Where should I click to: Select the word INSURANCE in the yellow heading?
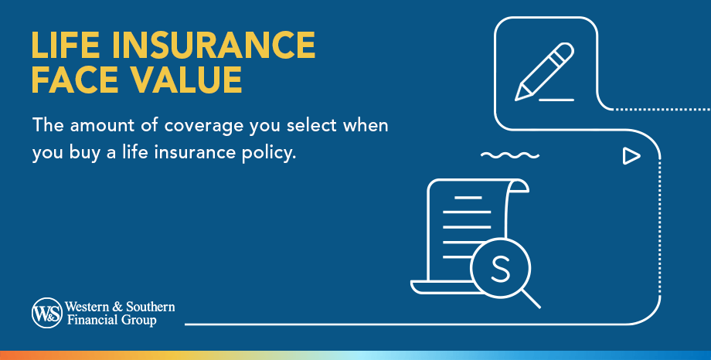point(217,46)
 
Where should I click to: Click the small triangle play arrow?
point(631,156)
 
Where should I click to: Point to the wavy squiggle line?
point(509,155)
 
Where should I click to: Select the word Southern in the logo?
point(150,307)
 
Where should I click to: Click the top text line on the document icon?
point(468,198)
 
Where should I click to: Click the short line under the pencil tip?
point(556,100)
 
